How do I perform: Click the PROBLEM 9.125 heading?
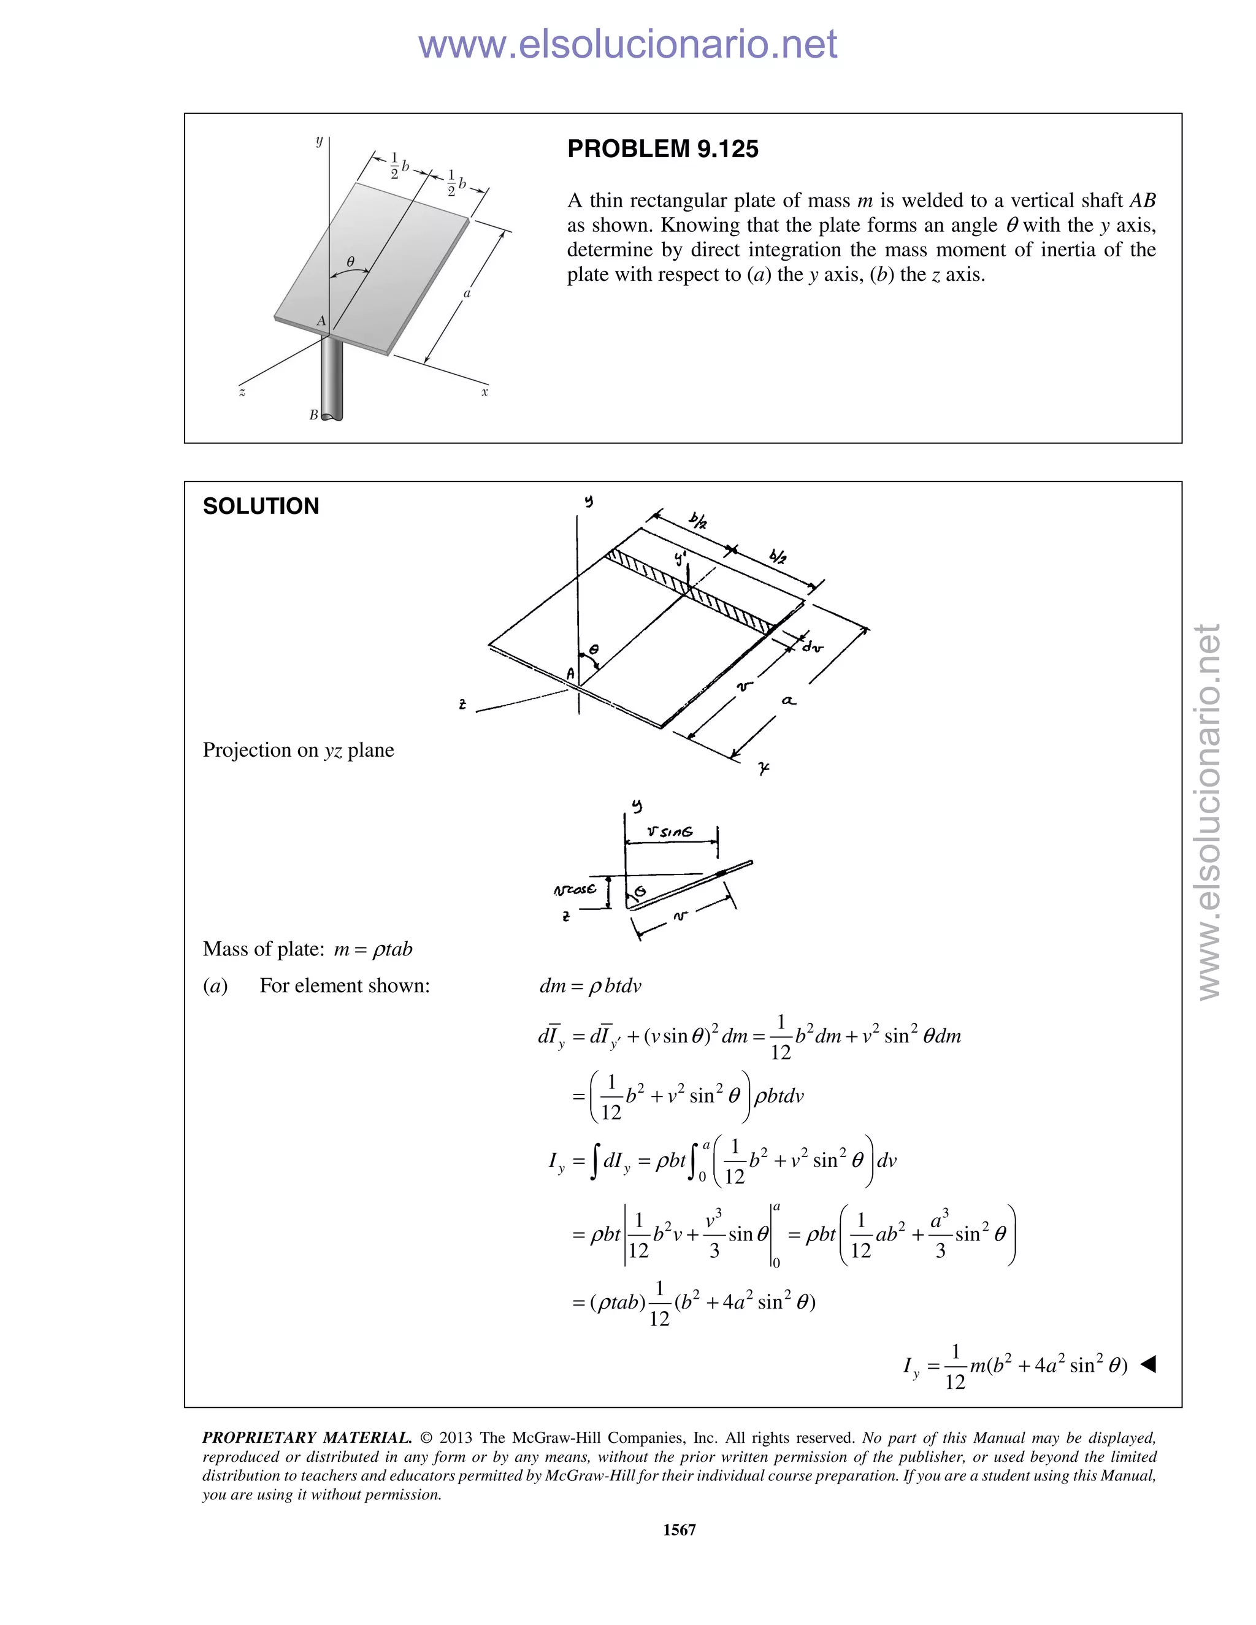coord(662,149)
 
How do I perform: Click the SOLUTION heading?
coord(261,506)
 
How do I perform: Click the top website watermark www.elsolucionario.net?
coord(627,44)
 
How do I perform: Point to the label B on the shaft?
coord(314,415)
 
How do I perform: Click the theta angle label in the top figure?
coord(350,261)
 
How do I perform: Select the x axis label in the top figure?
coord(484,391)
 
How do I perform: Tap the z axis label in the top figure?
coord(242,391)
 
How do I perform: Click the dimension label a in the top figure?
coord(467,293)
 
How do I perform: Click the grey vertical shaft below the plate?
coord(332,380)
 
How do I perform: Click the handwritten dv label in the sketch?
coord(813,648)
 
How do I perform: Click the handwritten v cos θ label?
coord(575,889)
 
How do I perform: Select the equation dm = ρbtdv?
coord(589,986)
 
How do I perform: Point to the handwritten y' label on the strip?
coord(681,558)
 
